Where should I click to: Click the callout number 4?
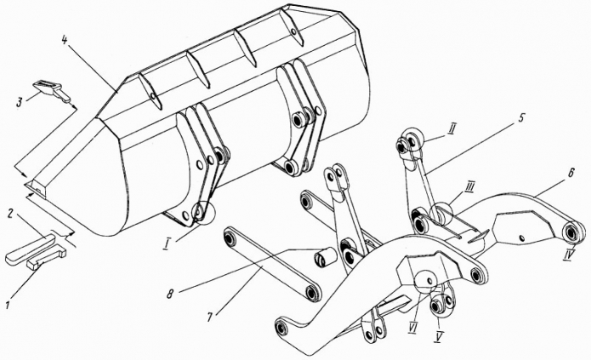(65, 40)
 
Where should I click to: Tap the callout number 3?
(20, 102)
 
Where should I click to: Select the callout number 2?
(11, 214)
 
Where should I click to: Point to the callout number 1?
(8, 304)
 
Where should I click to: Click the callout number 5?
(520, 118)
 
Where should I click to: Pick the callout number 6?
(571, 173)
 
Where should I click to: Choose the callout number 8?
(170, 294)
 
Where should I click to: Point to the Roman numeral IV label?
(569, 256)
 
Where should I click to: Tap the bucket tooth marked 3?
(52, 90)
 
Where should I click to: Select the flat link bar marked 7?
(272, 264)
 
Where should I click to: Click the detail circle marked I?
(203, 214)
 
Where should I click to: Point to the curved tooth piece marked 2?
(30, 249)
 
